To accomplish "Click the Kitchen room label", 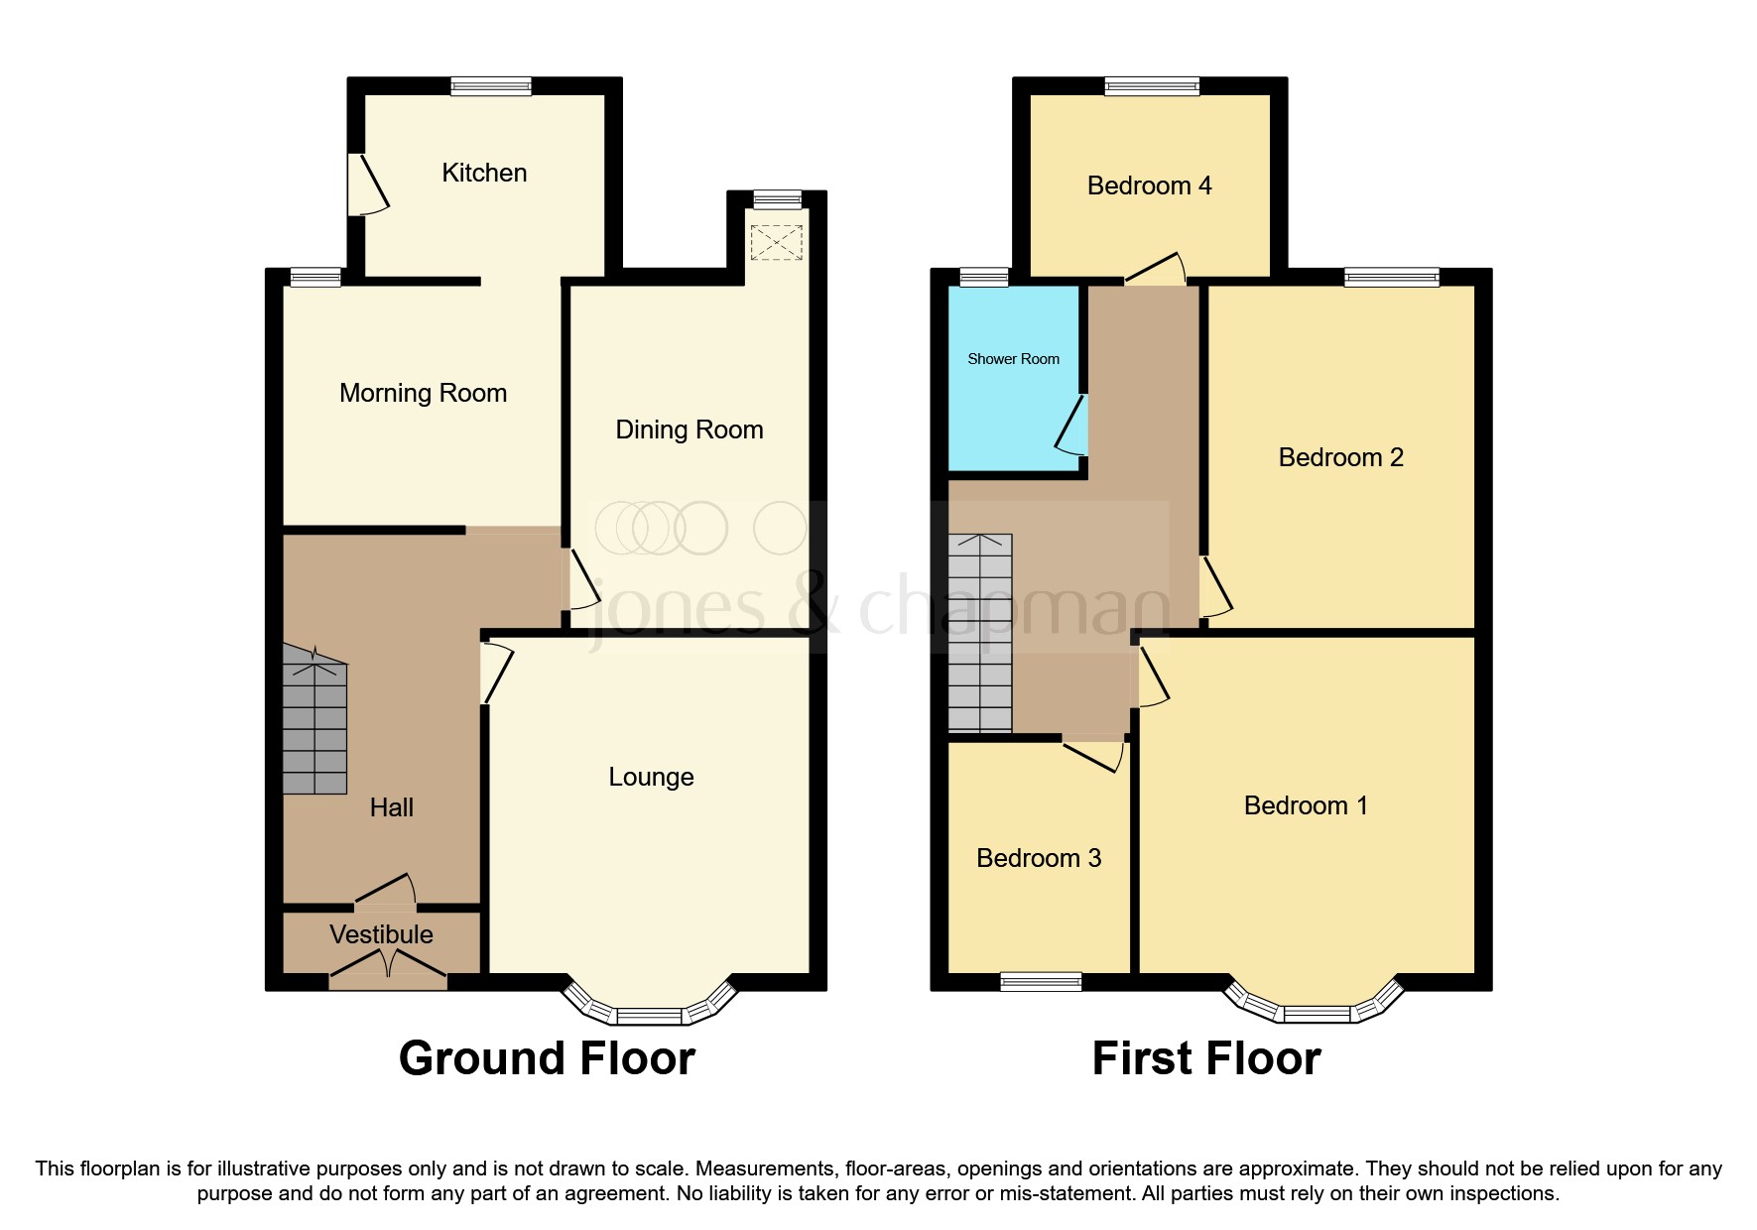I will [x=484, y=173].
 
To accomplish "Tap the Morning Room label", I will [x=423, y=393].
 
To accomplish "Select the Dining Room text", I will [x=690, y=430].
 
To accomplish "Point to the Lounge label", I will [x=651, y=777].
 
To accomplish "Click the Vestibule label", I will [x=381, y=934].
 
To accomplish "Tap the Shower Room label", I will [x=1013, y=359].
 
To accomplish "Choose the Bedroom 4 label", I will [x=1149, y=185].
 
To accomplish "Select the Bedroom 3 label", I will [x=1039, y=858].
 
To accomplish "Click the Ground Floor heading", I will [x=547, y=1058].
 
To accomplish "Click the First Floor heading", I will [x=1205, y=1058].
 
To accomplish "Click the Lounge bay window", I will [x=650, y=1011].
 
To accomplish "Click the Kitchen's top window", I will [x=491, y=86].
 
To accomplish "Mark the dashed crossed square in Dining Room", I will [x=776, y=243].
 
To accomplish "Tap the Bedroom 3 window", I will [x=1041, y=981].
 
